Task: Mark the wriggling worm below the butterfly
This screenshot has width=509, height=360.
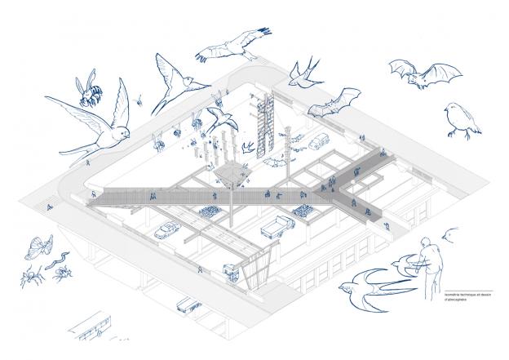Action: point(58,260)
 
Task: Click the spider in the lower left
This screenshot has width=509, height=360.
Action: point(33,277)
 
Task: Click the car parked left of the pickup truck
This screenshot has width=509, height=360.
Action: point(166,230)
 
